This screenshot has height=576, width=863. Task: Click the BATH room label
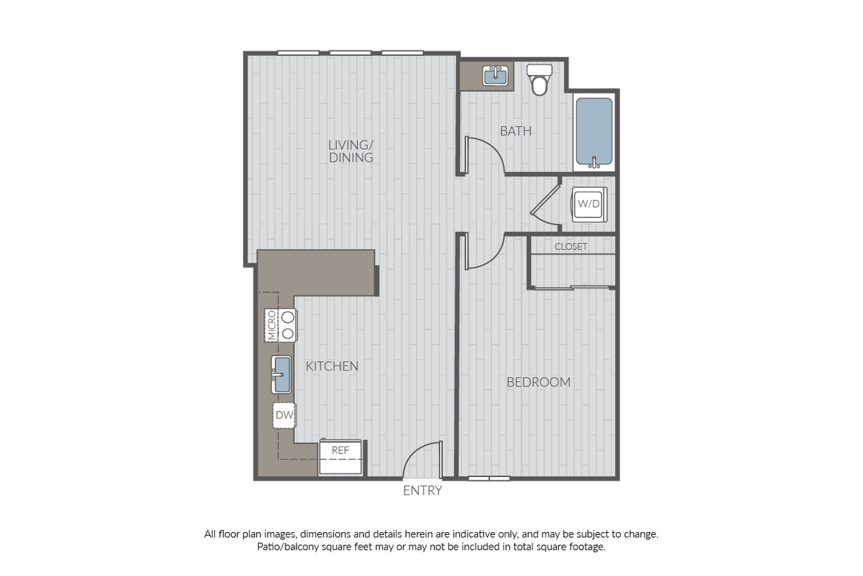516,130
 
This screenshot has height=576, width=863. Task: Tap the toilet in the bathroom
539,79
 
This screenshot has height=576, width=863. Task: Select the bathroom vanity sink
496,75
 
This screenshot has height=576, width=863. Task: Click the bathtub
594,132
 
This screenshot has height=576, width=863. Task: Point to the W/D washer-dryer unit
588,204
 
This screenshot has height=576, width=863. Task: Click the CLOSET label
571,247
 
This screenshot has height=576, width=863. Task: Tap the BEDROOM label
538,382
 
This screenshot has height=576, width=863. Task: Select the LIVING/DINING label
351,151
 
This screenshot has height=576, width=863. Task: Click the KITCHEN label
332,366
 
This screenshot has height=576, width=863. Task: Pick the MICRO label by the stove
271,325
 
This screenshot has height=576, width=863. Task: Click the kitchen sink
281,375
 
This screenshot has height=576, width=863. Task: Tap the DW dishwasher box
283,417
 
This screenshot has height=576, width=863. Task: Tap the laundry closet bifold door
546,203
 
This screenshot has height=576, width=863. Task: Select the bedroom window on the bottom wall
489,478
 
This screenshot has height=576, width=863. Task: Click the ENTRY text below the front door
422,491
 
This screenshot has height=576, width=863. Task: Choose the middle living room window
350,52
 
